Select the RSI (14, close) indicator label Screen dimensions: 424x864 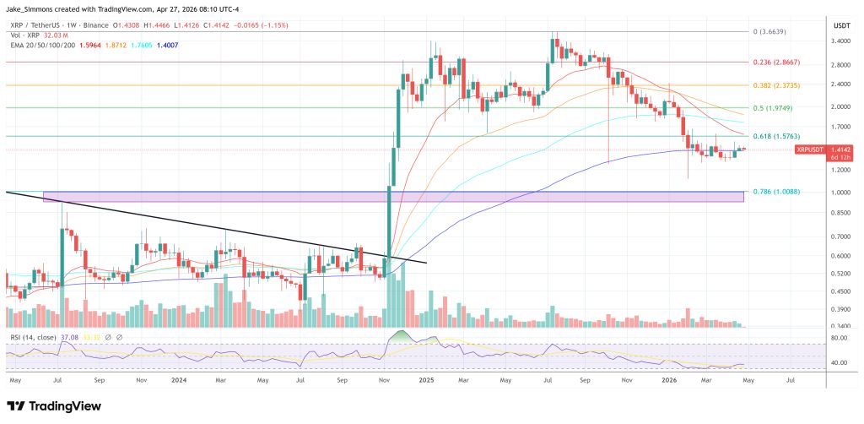coord(34,338)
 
